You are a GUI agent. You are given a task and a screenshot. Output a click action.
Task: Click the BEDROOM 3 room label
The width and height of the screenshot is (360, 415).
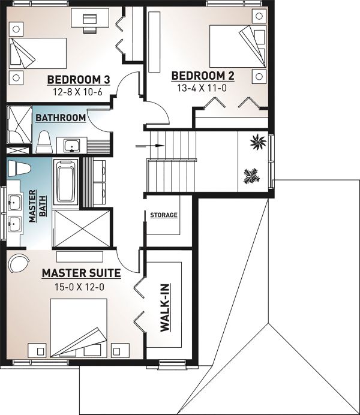click(x=79, y=79)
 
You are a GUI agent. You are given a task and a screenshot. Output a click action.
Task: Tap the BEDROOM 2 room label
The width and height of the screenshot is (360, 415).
click(x=203, y=76)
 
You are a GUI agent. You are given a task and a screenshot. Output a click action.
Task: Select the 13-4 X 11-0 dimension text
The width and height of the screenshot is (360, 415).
click(x=202, y=88)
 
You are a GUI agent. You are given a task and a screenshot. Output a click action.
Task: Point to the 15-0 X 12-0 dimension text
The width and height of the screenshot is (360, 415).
click(x=79, y=287)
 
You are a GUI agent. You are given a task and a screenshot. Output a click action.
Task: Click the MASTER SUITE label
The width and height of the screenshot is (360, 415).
click(x=82, y=273)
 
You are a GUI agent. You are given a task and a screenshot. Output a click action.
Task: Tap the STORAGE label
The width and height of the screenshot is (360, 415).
click(x=164, y=215)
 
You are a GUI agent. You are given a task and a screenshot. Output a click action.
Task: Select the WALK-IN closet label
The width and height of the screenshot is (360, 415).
click(x=165, y=308)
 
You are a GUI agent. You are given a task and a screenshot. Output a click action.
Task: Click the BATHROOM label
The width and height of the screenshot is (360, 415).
click(x=61, y=118)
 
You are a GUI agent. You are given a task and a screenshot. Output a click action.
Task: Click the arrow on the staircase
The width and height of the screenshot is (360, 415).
click(x=150, y=146)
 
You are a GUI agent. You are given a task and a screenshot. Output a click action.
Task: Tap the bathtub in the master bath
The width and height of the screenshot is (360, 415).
click(x=65, y=183)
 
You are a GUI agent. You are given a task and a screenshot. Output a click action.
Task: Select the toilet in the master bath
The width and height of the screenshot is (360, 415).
click(x=19, y=168)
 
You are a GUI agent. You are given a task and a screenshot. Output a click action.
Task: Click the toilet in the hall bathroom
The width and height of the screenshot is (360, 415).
click(x=43, y=142)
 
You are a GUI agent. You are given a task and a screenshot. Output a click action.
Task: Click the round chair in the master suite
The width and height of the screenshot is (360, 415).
click(x=19, y=263)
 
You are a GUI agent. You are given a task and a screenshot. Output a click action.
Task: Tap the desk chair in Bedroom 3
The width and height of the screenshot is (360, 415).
click(x=90, y=23)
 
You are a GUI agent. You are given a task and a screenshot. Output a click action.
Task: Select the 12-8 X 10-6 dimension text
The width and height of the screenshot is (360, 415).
click(x=77, y=92)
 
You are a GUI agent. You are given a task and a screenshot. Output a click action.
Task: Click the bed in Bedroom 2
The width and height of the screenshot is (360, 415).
click(x=238, y=46)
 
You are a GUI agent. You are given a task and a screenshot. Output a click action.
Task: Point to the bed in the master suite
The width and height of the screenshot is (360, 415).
click(x=79, y=327)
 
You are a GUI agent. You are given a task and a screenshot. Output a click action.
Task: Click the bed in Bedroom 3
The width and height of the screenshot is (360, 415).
click(x=38, y=53)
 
